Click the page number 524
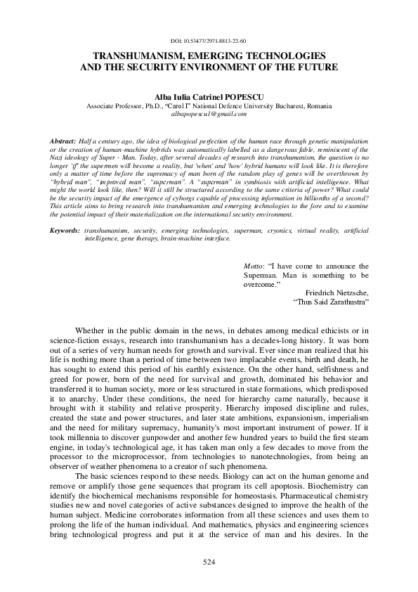[209, 562]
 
